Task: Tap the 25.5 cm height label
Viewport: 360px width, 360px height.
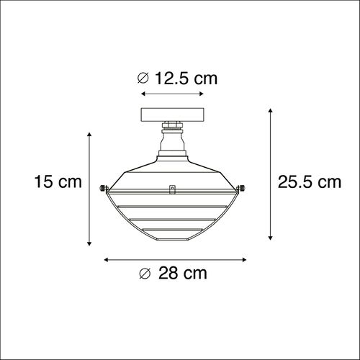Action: (x=310, y=182)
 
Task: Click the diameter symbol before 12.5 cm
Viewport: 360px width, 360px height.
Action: (x=143, y=78)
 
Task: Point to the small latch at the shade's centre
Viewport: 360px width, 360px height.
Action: (x=171, y=190)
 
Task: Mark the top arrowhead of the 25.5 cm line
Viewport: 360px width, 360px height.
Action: (x=271, y=109)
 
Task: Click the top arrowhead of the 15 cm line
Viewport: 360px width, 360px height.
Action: (x=89, y=134)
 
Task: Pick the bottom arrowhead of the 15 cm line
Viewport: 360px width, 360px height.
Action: (x=89, y=242)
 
